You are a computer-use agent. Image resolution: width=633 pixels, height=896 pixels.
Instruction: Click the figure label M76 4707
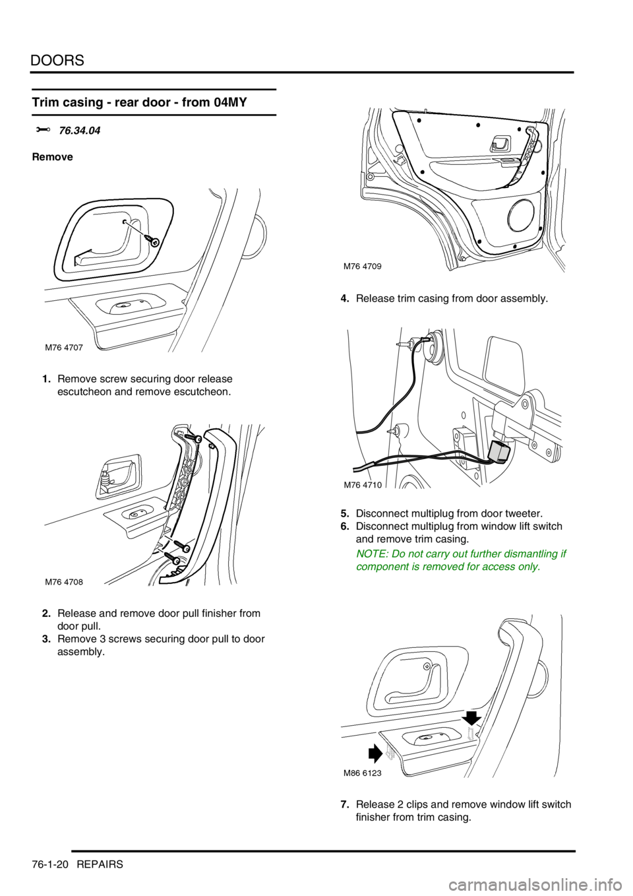coord(64,347)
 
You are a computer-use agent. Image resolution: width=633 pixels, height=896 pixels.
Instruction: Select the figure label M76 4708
coord(64,582)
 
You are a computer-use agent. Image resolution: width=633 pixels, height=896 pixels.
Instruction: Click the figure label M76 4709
coord(362,266)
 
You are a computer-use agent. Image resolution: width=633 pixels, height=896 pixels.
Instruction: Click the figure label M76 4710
coord(362,485)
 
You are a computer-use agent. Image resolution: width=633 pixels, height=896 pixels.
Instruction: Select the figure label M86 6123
coord(362,773)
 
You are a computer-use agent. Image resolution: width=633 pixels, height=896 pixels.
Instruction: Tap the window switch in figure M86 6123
coord(427,742)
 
